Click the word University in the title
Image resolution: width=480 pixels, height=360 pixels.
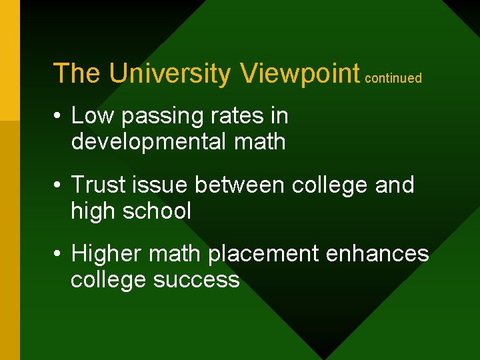[x=169, y=73]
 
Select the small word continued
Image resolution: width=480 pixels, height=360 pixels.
[x=393, y=78]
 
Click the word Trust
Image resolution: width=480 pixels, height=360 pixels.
[x=98, y=185]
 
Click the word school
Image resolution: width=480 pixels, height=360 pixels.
[x=161, y=211]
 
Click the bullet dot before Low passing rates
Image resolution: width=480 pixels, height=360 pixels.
[x=59, y=117]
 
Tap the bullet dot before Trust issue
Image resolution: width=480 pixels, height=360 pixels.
[x=59, y=185]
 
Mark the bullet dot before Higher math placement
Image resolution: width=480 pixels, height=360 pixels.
[x=59, y=254]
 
